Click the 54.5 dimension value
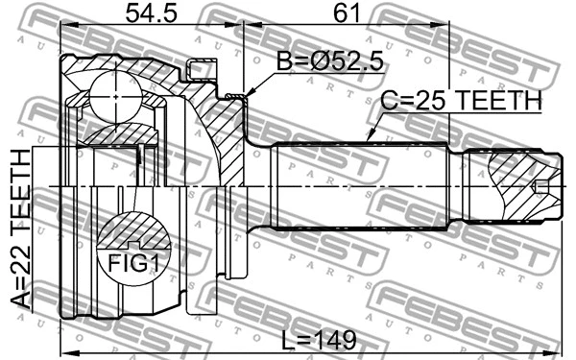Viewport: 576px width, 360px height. click(x=152, y=13)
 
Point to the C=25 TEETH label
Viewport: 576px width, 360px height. click(x=462, y=100)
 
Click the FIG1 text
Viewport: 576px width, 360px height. click(x=132, y=261)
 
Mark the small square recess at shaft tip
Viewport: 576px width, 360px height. click(x=542, y=185)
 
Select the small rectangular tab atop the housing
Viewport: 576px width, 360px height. click(x=201, y=69)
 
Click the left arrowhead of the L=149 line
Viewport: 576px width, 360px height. click(x=62, y=351)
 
